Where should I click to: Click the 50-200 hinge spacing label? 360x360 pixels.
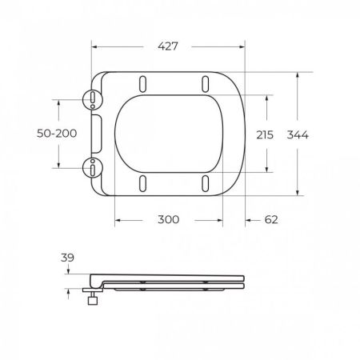pos(57,134)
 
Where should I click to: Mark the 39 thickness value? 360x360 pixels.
pos(68,258)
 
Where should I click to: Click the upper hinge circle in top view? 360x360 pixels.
pos(93,99)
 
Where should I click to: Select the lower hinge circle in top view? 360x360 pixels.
pos(93,169)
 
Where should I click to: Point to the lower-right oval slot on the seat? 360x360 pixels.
pos(205,184)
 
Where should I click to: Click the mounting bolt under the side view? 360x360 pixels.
pos(93,302)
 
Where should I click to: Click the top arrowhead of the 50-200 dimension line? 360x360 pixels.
pos(58,101)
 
